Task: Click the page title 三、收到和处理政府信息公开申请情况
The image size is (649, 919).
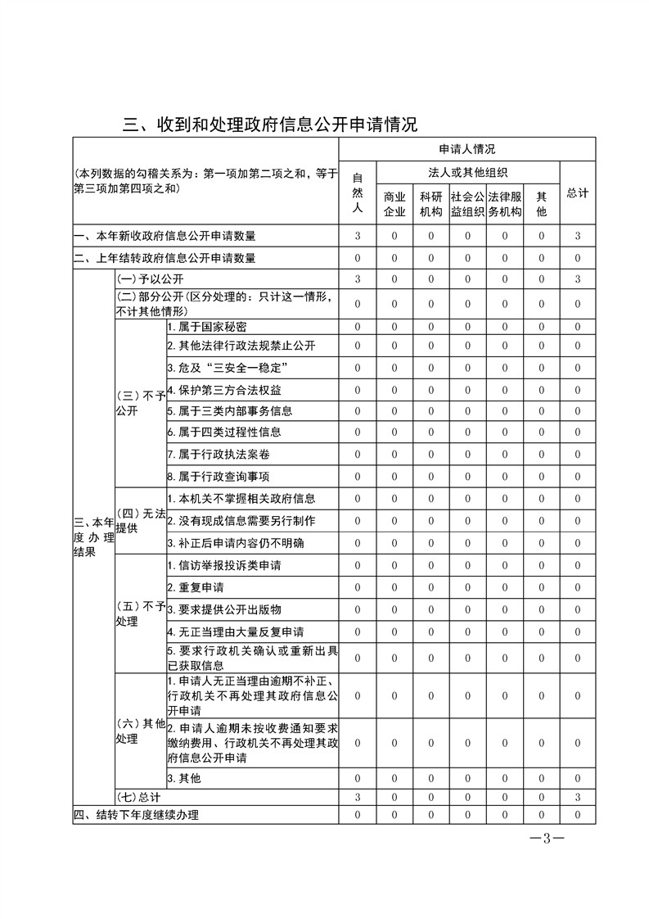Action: (x=270, y=124)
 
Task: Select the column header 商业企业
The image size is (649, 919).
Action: (x=394, y=205)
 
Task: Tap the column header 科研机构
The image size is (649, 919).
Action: (x=430, y=205)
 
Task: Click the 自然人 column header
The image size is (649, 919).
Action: (x=357, y=193)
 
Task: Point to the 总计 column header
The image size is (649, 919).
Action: (x=577, y=193)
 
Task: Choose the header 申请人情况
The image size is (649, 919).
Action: (x=466, y=149)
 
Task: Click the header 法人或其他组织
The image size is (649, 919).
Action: (x=467, y=172)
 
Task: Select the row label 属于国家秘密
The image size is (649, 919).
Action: (x=206, y=327)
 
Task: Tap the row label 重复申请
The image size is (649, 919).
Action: (x=196, y=587)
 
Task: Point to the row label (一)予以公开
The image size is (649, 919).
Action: (x=150, y=279)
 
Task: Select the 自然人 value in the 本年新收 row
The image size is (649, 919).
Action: (x=357, y=236)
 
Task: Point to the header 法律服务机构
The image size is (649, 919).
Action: (x=504, y=205)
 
